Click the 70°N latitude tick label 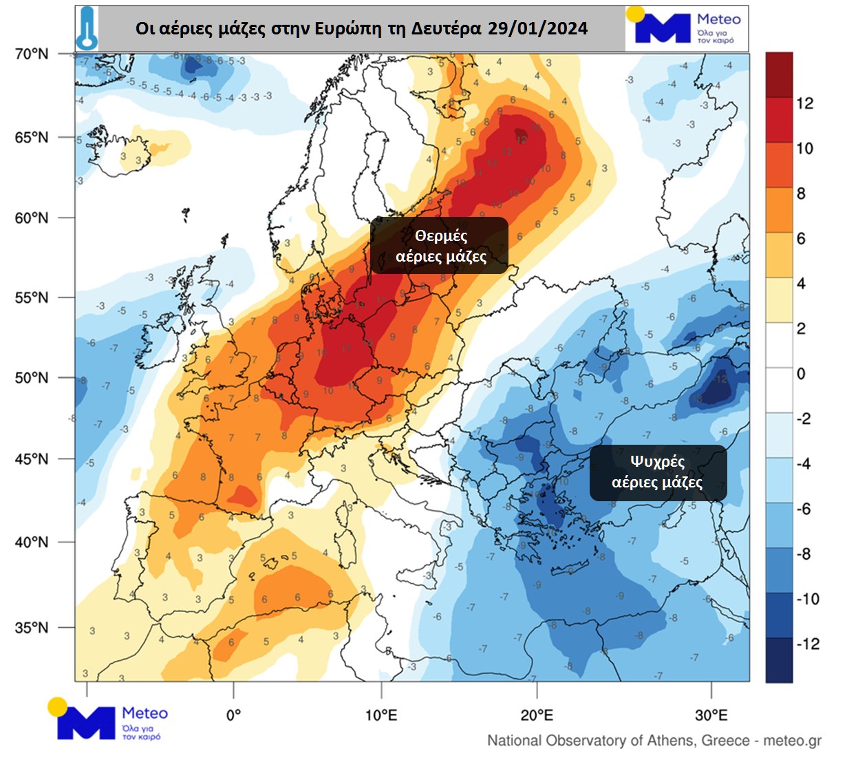pyautogui.click(x=32, y=54)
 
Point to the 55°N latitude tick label pyautogui.click(x=32, y=298)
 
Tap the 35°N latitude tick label pyautogui.click(x=32, y=628)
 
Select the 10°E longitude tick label pyautogui.click(x=381, y=715)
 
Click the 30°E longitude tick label pyautogui.click(x=711, y=715)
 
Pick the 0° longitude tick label pyautogui.click(x=233, y=715)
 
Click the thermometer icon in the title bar pyautogui.click(x=87, y=28)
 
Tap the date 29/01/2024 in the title pyautogui.click(x=537, y=28)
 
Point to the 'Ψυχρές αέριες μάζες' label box pyautogui.click(x=657, y=472)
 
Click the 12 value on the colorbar pyautogui.click(x=804, y=103)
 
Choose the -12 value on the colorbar pyautogui.click(x=807, y=644)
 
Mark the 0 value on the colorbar pyautogui.click(x=801, y=374)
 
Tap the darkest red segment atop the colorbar pyautogui.click(x=779, y=74)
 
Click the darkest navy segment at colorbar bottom pyautogui.click(x=779, y=660)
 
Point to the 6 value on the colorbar pyautogui.click(x=801, y=238)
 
